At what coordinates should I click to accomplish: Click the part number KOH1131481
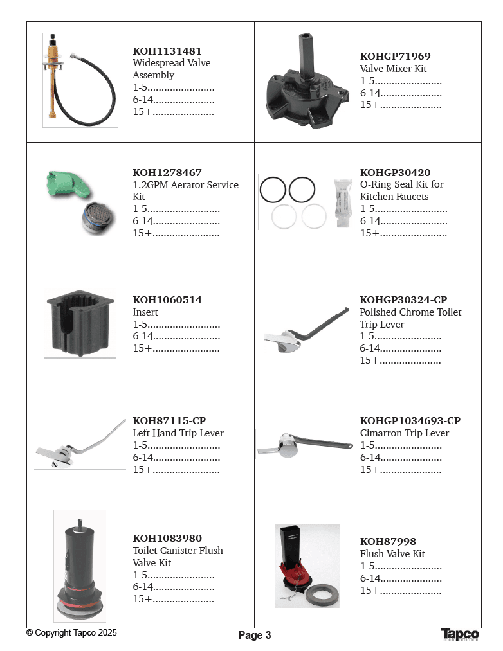click(167, 51)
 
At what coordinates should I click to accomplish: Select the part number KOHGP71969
click(395, 57)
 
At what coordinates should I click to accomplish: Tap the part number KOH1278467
click(167, 173)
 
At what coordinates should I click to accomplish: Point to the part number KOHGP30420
click(395, 173)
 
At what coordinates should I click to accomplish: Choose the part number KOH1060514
click(167, 300)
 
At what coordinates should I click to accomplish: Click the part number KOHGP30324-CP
click(403, 300)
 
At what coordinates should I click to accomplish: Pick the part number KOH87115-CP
click(169, 421)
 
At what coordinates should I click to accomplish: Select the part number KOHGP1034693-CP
click(410, 421)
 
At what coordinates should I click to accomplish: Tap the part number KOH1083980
click(167, 539)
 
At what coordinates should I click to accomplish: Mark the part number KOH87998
click(388, 542)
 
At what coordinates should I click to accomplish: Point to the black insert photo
click(79, 321)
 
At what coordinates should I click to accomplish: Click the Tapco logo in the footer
click(460, 634)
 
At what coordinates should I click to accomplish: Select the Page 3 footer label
click(255, 636)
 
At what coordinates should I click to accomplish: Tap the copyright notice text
click(71, 633)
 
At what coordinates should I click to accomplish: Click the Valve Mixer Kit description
click(393, 69)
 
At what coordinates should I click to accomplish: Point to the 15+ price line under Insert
click(176, 348)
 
